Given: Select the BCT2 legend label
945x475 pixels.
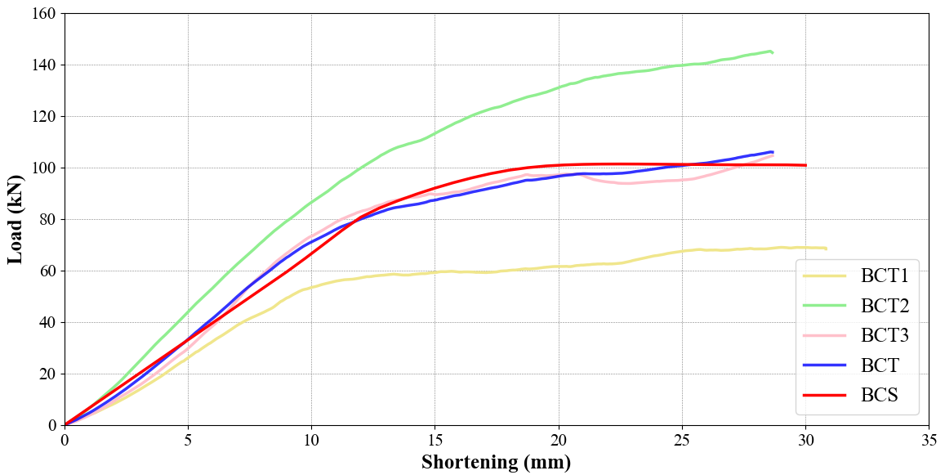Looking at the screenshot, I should tap(885, 306).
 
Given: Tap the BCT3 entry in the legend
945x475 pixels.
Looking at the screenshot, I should tap(885, 335).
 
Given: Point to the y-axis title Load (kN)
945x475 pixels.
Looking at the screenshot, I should tap(16, 219).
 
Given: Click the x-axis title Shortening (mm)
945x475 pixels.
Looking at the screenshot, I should tap(496, 463).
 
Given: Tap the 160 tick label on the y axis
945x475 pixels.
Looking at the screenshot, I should tap(43, 14).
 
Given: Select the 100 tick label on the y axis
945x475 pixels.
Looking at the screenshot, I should tap(43, 168).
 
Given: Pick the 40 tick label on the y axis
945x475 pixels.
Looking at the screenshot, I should tap(47, 323).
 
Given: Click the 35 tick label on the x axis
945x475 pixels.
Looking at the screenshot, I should tap(929, 440).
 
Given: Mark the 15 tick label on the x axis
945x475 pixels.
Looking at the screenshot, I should tap(435, 440).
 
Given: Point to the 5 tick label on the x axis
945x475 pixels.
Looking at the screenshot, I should tap(188, 440).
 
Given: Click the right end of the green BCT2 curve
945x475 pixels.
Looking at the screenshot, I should tap(772, 52).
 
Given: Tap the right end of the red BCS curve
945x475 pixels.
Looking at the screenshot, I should tap(805, 165).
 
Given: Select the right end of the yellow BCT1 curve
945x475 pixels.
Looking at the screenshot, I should tap(826, 249).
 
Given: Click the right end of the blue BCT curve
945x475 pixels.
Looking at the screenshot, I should tap(772, 152).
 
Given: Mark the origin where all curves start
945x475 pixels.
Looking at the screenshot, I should tap(65, 425).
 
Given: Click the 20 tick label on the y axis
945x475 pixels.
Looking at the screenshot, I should tap(47, 374).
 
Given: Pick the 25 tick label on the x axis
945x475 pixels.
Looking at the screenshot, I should tap(682, 440).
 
